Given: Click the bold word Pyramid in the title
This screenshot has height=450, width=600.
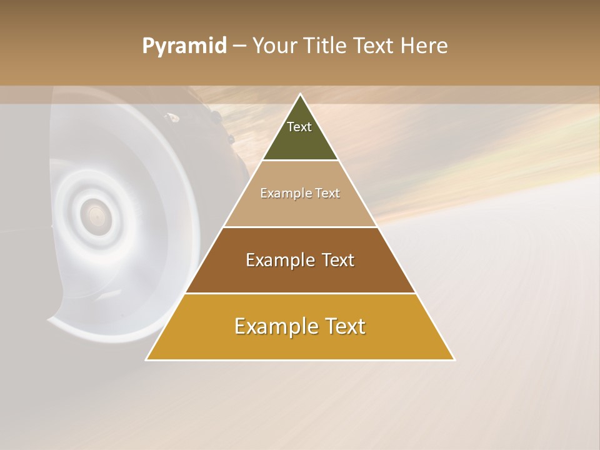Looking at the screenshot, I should tap(184, 46).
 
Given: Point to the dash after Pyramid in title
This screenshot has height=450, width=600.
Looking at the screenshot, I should tap(239, 46).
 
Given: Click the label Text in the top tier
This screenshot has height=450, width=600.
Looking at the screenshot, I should tap(299, 127).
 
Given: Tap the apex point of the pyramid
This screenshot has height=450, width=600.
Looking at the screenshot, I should tap(300, 94).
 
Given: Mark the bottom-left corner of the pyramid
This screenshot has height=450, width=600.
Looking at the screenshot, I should tap(147, 359).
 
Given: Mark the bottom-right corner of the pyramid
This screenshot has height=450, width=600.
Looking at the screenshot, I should tap(454, 359).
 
